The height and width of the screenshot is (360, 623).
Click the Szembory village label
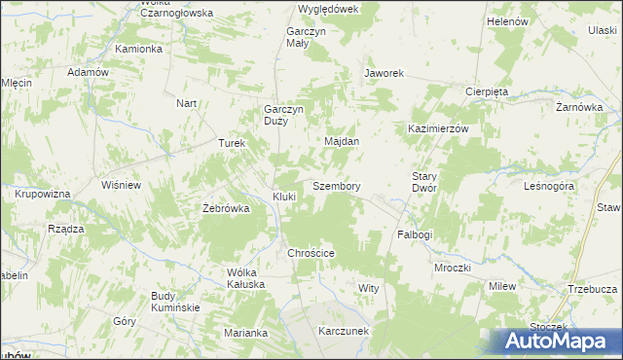pos(337,186)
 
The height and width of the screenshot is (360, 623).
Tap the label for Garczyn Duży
pos(284,116)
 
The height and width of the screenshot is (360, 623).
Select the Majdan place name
pos(342,141)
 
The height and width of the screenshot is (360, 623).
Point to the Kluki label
pos(284,197)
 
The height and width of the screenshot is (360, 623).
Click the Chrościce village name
pos(311,253)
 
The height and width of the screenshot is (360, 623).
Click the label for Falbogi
pos(415,235)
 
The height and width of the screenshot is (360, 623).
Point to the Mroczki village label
pos(453,268)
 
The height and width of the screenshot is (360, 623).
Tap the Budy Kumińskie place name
pos(175,302)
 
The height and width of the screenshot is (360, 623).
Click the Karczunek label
pos(343,331)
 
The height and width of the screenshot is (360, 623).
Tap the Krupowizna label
pos(42,195)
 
